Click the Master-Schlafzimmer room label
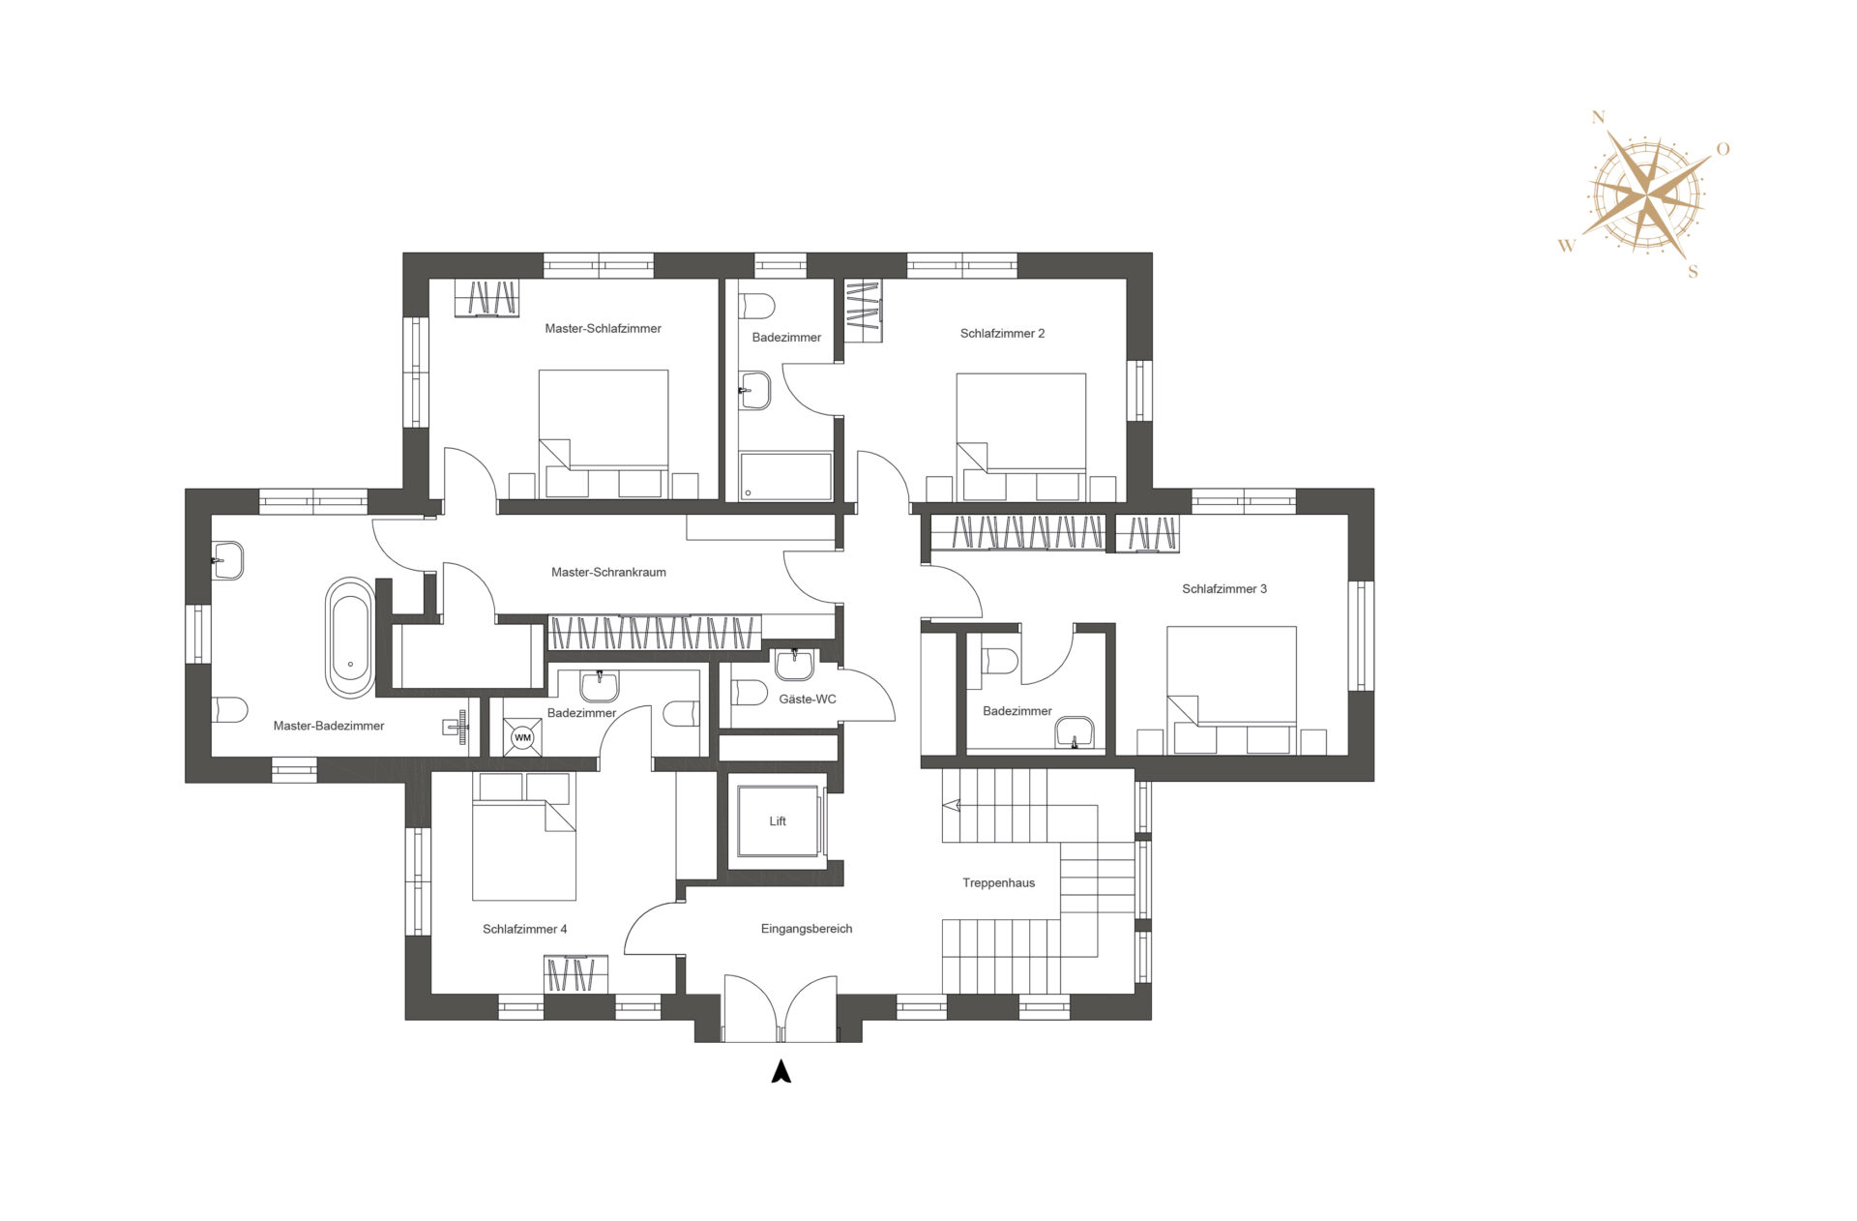(603, 329)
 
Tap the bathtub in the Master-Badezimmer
(350, 639)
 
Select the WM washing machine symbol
(522, 737)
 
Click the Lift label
(778, 821)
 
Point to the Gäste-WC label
(808, 700)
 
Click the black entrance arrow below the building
(781, 1071)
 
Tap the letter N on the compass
(1598, 118)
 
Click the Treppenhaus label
(999, 883)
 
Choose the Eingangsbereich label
(807, 929)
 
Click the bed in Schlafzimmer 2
(1021, 437)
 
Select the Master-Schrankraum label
(608, 573)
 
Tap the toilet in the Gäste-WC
(750, 693)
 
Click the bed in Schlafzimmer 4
(524, 837)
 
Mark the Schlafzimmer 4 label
(525, 930)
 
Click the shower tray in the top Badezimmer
(785, 476)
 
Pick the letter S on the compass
(1693, 272)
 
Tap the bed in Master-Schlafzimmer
(604, 433)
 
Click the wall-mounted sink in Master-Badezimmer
(228, 560)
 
